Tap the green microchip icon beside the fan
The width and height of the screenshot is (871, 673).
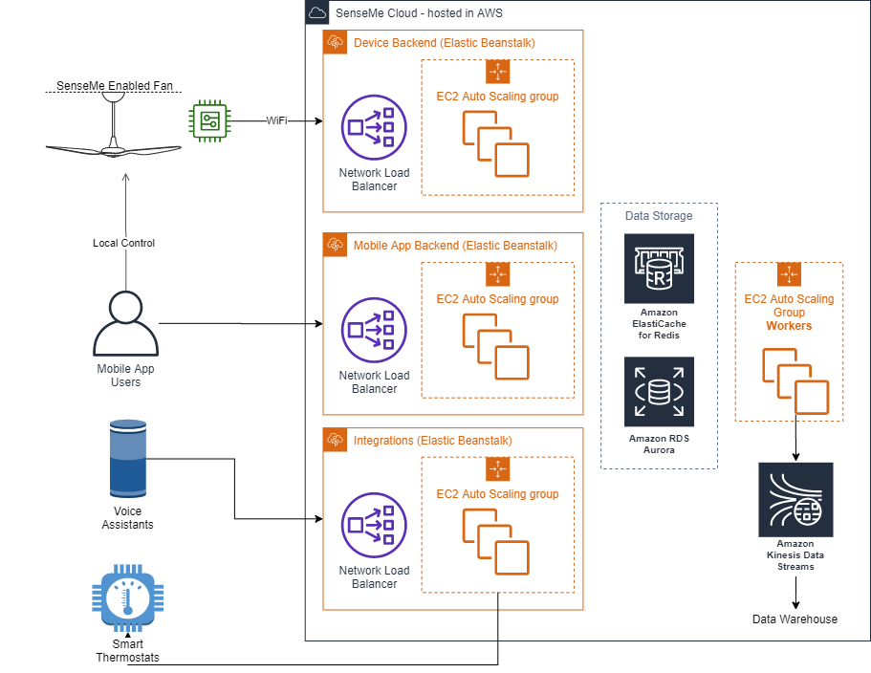point(209,120)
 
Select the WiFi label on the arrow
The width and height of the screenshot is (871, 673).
point(276,120)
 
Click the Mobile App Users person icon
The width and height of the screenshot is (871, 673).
point(125,322)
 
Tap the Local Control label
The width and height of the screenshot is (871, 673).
point(123,243)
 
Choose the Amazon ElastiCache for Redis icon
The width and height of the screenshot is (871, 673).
point(659,269)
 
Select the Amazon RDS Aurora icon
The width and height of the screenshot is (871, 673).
point(659,391)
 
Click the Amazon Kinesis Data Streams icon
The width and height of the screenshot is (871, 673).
point(795,499)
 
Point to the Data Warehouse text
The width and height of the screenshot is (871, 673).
point(795,619)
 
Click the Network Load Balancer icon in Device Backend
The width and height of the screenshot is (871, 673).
point(374,127)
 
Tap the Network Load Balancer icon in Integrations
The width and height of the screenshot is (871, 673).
point(374,525)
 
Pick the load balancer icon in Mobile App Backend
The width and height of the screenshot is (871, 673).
point(374,330)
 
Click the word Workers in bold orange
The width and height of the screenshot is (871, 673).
point(789,326)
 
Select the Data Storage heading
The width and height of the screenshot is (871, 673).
point(659,216)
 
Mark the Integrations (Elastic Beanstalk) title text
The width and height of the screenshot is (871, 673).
point(433,441)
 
